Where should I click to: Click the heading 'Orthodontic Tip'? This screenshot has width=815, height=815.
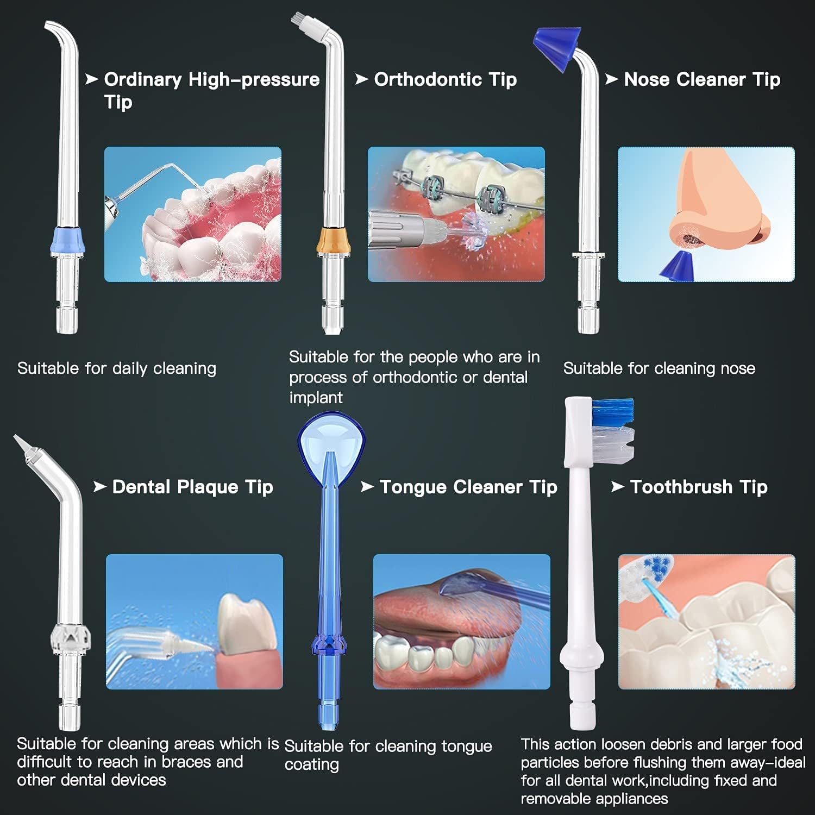445,79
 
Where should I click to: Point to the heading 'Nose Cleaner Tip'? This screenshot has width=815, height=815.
701,79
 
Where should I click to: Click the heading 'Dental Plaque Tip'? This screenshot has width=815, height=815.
192,487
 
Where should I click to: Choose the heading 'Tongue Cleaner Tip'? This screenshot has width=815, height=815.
468,487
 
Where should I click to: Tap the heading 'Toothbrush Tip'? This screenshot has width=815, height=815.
698,487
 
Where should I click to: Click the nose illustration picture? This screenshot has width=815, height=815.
706,214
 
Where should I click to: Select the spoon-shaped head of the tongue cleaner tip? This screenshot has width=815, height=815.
331,435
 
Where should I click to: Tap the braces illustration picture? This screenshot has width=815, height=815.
456,214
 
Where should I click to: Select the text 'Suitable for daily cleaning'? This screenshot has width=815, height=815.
116,368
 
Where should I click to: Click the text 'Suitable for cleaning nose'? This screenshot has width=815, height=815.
659,368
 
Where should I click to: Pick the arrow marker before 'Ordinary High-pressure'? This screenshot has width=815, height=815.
91,79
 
